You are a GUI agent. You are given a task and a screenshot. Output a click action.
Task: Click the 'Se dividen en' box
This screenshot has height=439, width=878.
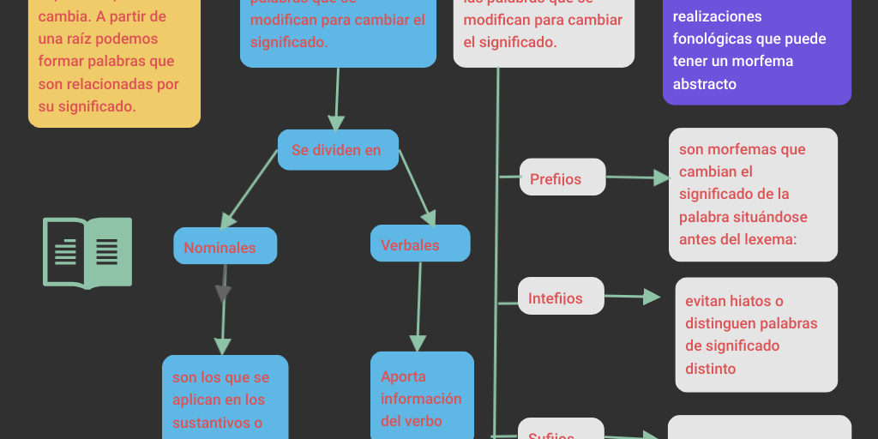[x=338, y=150]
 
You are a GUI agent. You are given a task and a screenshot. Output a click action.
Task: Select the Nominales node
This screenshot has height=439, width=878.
[x=225, y=247]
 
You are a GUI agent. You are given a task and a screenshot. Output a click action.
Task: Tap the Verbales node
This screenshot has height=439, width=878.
[x=420, y=244]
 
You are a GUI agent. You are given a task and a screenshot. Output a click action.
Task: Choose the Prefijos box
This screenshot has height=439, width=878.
[x=562, y=178]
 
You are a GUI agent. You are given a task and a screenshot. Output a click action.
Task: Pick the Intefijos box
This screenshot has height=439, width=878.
[x=562, y=298]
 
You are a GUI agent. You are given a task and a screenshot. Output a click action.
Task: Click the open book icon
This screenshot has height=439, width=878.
[x=87, y=252]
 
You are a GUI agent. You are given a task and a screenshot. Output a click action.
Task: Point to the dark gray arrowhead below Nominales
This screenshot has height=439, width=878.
[x=224, y=293]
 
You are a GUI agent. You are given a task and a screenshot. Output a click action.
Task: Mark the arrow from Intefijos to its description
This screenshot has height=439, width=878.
[x=632, y=297]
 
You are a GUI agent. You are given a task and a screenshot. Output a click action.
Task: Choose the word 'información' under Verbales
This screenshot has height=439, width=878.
[x=421, y=399]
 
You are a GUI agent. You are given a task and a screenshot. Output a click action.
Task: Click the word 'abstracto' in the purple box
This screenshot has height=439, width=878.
[x=705, y=84]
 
